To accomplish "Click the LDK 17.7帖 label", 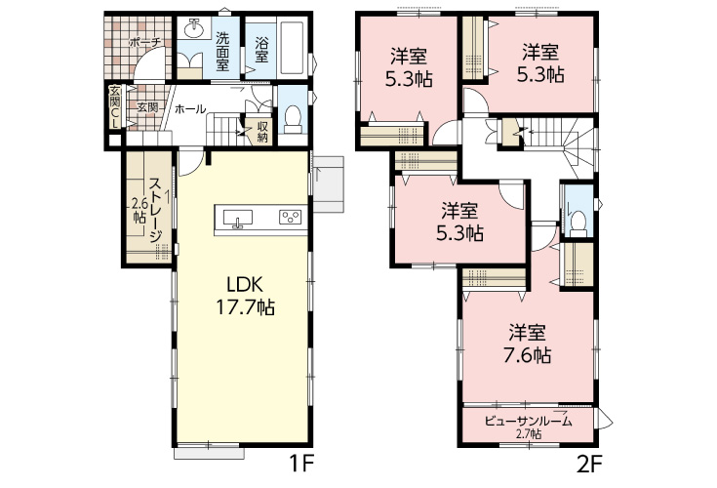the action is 245,297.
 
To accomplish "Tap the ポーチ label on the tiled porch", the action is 145,43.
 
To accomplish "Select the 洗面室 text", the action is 222,52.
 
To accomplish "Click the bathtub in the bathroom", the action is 293,48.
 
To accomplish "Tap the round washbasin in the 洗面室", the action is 195,29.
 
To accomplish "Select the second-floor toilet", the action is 578,224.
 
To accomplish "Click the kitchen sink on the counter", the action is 237,219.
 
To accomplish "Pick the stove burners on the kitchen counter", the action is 291,217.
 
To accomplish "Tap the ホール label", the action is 190,109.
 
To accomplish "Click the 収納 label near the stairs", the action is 262,132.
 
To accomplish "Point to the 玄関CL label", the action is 114,106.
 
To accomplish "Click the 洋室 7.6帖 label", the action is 527,344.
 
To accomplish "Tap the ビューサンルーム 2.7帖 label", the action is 529,426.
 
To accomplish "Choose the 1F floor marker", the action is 301,465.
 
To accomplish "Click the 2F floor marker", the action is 590,465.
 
